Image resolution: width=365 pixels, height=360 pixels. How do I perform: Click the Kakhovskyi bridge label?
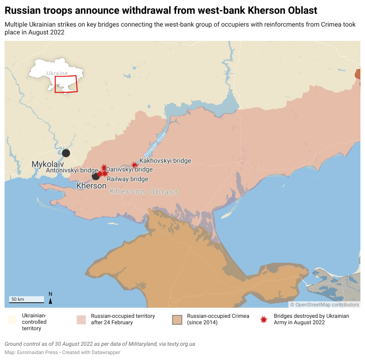click(165, 161)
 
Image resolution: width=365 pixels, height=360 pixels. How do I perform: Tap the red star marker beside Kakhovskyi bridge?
click(134, 165)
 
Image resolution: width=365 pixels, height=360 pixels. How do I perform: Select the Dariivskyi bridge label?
click(129, 170)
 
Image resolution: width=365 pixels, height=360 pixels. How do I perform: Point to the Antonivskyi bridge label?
click(72, 170)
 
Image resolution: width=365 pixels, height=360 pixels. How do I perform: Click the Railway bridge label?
click(127, 179)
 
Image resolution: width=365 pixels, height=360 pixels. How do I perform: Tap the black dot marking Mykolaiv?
click(66, 153)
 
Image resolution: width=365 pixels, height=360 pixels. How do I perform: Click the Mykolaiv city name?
click(47, 164)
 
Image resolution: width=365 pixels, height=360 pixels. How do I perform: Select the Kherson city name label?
click(91, 186)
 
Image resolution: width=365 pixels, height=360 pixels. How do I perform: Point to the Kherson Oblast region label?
click(144, 192)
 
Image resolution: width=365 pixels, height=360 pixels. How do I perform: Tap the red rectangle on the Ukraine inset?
click(66, 84)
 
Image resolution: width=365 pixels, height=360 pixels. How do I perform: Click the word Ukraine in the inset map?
click(57, 73)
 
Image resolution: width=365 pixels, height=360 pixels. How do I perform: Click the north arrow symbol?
click(50, 298)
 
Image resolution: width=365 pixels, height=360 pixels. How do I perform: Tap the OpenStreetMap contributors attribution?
click(325, 305)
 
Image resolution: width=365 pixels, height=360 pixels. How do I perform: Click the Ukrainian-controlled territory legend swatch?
click(12, 320)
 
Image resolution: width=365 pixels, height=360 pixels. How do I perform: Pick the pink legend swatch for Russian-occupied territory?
click(81, 320)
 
